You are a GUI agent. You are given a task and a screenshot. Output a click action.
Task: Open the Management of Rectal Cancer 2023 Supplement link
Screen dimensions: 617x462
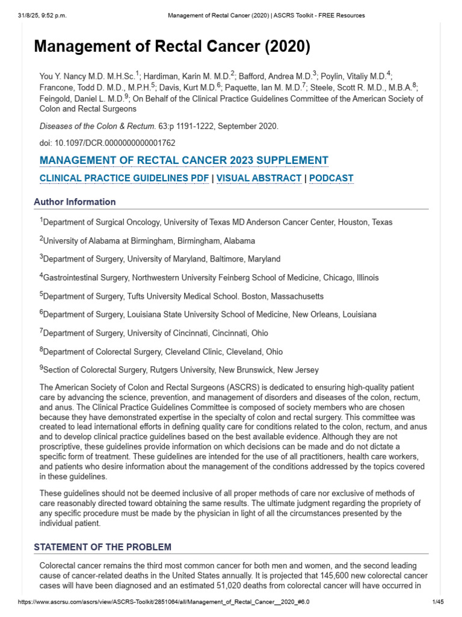[183, 160]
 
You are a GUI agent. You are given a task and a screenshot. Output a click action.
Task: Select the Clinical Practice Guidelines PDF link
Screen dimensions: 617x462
[125, 178]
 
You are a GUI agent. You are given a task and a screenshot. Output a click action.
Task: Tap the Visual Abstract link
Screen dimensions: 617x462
[259, 178]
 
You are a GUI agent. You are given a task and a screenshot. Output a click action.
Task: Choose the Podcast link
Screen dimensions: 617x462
[331, 178]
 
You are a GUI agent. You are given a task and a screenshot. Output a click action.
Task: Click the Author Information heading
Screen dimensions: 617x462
[75, 202]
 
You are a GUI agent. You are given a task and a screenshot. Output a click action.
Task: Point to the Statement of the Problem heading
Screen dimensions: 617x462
[102, 547]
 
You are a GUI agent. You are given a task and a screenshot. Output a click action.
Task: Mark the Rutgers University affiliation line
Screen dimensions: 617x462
[179, 370]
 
